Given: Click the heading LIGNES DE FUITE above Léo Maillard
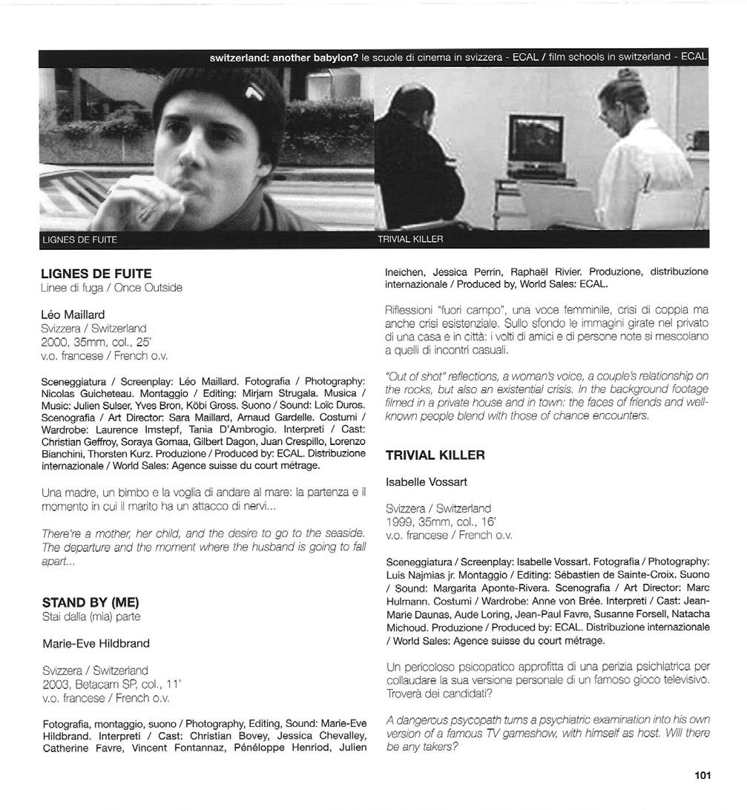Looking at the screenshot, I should tap(96, 274).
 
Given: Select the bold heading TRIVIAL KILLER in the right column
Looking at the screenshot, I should tap(435, 455).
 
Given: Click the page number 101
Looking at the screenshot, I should tap(702, 775).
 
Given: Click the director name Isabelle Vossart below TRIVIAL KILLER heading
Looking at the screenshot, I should tap(427, 482).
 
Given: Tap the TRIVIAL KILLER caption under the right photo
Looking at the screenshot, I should tap(409, 240).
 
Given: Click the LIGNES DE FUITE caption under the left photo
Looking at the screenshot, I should tap(80, 240).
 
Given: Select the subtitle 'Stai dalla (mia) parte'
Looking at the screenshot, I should tap(91, 616).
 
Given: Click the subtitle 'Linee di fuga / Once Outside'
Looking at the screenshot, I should tap(112, 288).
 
